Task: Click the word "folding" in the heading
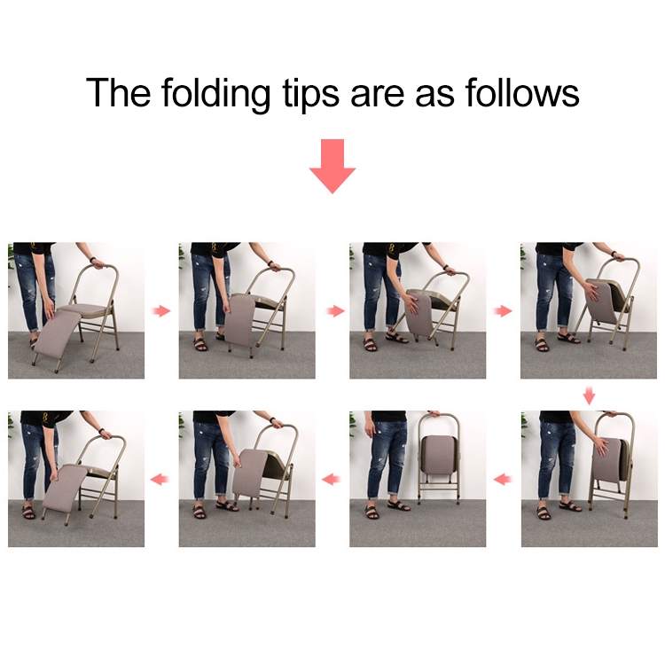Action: click(215, 94)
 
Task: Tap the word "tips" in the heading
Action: click(310, 94)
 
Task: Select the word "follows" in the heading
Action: click(522, 92)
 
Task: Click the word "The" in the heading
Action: click(118, 92)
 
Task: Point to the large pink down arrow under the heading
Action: click(332, 166)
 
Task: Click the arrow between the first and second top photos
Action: click(161, 311)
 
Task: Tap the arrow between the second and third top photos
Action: click(335, 311)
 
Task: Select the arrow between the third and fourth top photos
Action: click(503, 311)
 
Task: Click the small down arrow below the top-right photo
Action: click(589, 395)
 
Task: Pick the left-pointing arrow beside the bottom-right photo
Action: click(503, 480)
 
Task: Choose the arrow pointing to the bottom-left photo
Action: click(160, 480)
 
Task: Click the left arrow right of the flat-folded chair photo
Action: click(332, 480)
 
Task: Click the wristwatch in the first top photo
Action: click(93, 260)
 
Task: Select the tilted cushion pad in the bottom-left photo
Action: click(65, 489)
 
